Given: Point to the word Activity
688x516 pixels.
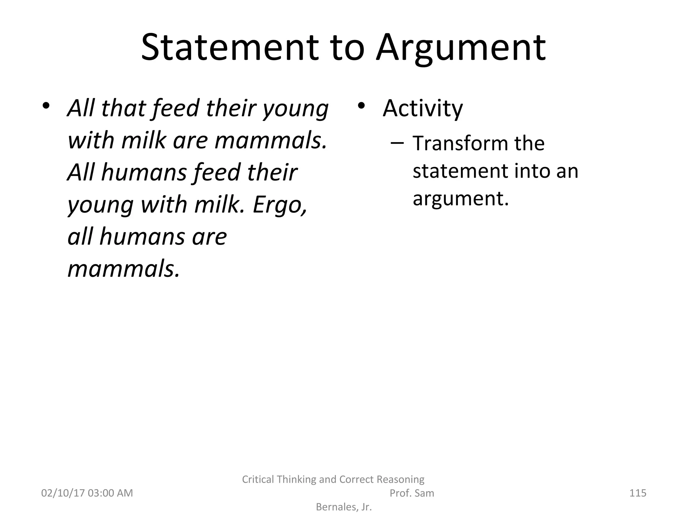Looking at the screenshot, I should (423, 109).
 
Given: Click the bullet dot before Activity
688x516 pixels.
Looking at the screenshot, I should (361, 106).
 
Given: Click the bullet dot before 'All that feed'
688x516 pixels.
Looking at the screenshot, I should (46, 106).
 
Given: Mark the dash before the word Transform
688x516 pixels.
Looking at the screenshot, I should (397, 143).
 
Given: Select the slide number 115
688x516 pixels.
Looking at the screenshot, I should (638, 493).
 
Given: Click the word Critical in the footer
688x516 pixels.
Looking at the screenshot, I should (258, 479).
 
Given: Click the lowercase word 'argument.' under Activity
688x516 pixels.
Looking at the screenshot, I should (461, 199).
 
